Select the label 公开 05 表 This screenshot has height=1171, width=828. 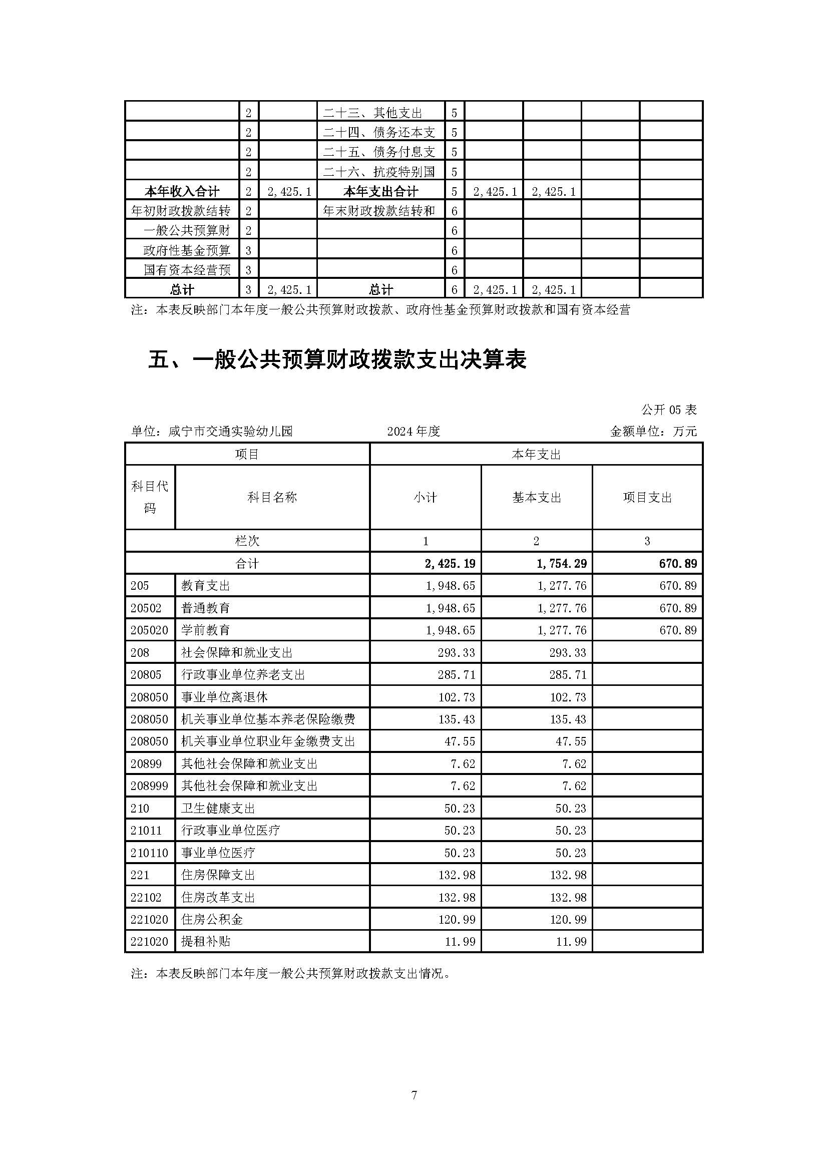(x=668, y=410)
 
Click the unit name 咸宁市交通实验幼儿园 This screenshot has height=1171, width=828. (x=230, y=432)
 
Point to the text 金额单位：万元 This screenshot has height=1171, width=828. (x=653, y=432)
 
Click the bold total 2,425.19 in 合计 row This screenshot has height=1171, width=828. (x=450, y=564)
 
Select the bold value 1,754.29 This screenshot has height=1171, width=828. (x=561, y=564)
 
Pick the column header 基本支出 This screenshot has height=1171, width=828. (x=536, y=497)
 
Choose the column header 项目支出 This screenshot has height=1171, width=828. (x=647, y=497)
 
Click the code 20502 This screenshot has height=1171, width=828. (x=146, y=608)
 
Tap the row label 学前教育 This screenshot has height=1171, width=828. (x=205, y=630)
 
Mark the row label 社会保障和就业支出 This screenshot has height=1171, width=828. (x=237, y=653)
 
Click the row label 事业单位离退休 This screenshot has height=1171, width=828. (x=224, y=697)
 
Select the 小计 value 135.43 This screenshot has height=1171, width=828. (x=457, y=719)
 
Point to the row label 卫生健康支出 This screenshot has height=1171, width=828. (x=218, y=809)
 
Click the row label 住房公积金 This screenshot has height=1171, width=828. (x=212, y=920)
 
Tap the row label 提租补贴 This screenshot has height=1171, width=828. (x=205, y=942)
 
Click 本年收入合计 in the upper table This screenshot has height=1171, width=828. (x=182, y=192)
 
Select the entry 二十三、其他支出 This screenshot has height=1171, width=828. (x=373, y=113)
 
